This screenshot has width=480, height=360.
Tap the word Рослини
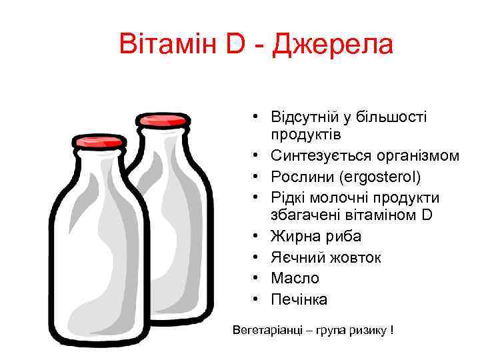[x=297, y=177]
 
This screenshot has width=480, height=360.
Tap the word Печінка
[x=299, y=299]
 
